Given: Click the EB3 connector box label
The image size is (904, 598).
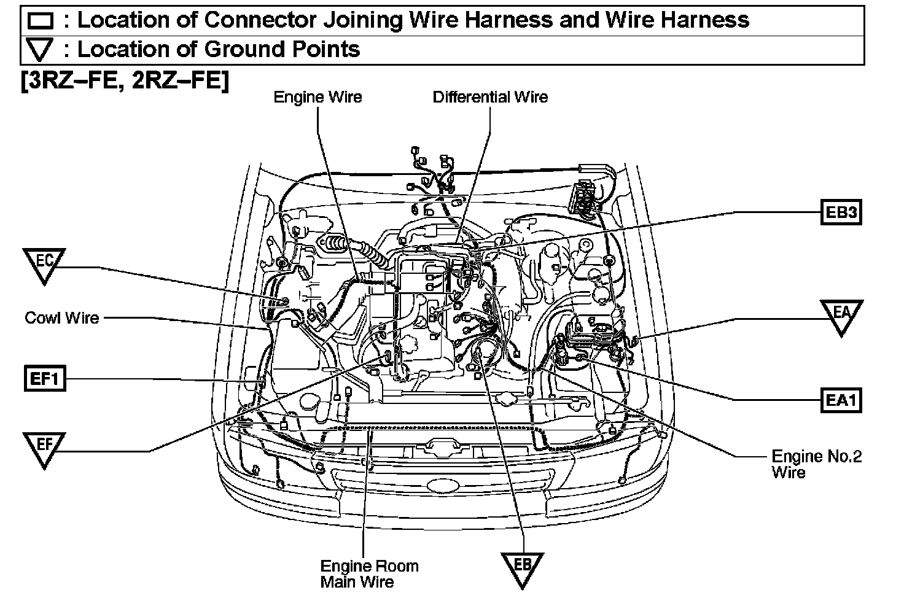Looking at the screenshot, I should pos(841,213).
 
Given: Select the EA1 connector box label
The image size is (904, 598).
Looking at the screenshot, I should pos(841,400).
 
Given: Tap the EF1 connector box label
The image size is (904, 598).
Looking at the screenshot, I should pos(44,378).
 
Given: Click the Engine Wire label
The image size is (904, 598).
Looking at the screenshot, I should pos(318,97).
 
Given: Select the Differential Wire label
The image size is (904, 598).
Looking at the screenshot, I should pos(490,97).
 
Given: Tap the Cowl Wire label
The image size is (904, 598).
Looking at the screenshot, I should pos(61,317).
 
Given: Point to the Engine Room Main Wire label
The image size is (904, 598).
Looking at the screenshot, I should pos(369,573).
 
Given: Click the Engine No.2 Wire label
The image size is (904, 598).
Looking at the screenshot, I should pos(816,464).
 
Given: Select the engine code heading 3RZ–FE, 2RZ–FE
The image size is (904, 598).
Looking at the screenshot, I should pos(125,80).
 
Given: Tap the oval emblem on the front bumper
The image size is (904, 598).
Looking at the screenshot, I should pos(445,485).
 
